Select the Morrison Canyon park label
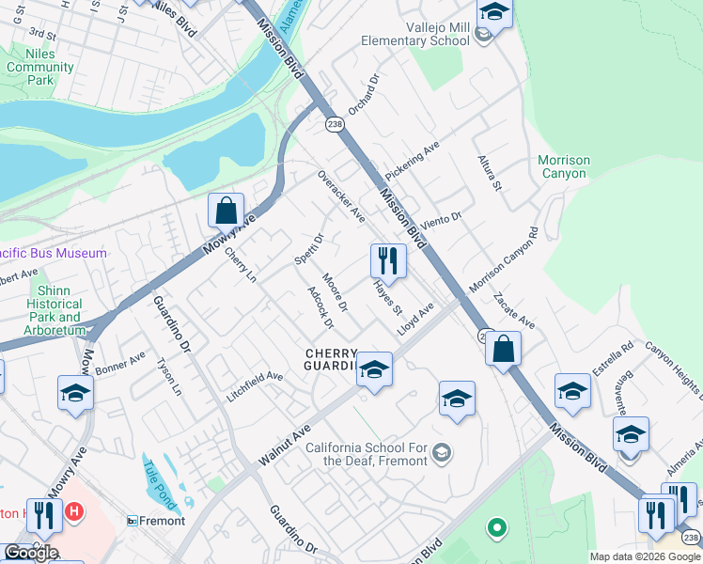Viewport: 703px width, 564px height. (x=564, y=166)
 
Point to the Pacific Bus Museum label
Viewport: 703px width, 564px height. (x=52, y=253)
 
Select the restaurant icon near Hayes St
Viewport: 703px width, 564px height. (x=388, y=259)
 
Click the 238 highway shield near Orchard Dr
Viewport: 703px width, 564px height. (x=335, y=124)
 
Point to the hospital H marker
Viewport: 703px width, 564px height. (x=73, y=512)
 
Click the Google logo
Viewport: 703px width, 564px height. (x=31, y=552)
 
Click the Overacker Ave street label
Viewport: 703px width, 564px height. (x=340, y=196)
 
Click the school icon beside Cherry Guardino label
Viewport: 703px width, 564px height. (x=373, y=368)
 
